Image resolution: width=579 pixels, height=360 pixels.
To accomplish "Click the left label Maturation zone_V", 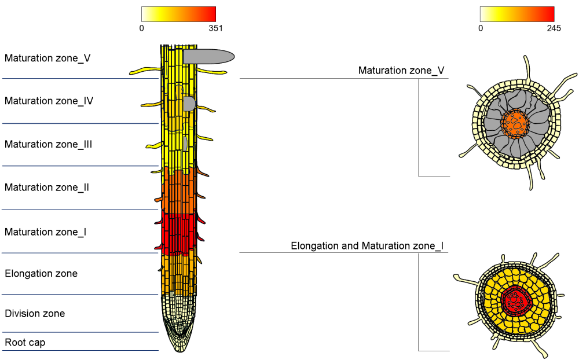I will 47,58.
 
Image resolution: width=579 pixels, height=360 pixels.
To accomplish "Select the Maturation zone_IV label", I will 49,101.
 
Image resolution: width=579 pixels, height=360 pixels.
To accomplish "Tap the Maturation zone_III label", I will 49,144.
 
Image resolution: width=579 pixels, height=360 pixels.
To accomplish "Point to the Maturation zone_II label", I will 47,188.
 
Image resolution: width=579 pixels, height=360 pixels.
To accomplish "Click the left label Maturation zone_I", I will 46,232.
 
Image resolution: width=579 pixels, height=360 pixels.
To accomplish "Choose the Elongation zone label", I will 41,273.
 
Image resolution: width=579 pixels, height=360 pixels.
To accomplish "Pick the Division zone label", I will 35,314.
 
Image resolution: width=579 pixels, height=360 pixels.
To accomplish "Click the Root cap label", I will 25,343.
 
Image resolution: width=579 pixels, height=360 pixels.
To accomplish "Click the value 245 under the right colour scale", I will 554,28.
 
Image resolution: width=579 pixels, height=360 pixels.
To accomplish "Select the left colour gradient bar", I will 178,14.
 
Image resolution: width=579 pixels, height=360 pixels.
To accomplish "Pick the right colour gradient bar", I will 517,14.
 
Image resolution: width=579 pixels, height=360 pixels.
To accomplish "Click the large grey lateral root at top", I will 208,56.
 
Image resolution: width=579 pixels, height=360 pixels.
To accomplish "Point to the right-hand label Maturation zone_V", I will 401,71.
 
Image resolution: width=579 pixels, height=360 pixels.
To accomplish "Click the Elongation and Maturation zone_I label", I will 367,246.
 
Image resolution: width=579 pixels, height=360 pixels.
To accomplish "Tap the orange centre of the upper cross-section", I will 516,123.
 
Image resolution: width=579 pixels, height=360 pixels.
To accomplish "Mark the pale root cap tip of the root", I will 179,343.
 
